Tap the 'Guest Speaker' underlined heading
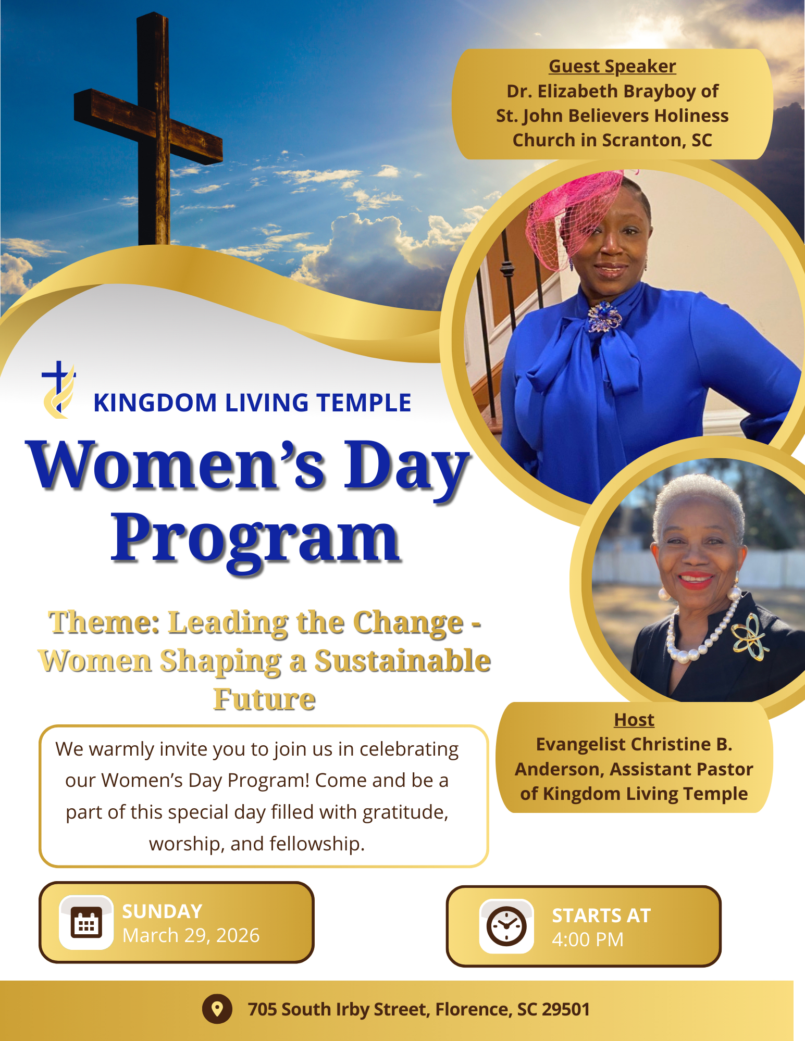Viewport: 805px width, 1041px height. (x=612, y=67)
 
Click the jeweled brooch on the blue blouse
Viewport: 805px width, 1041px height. (x=604, y=317)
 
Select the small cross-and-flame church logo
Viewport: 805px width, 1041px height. (x=59, y=390)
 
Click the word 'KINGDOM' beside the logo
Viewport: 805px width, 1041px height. (x=155, y=403)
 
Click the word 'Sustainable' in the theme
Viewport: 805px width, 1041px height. (x=403, y=661)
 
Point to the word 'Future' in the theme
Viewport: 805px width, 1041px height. (x=265, y=699)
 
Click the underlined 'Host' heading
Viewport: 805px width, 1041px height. (x=634, y=720)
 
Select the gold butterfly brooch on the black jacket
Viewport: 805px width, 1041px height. (x=750, y=636)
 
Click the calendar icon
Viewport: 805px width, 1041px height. (x=86, y=922)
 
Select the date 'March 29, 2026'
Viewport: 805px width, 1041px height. (x=191, y=936)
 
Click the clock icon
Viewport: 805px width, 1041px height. (x=506, y=926)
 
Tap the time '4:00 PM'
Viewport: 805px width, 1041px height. (x=588, y=940)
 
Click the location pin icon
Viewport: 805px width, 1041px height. (x=217, y=1009)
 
